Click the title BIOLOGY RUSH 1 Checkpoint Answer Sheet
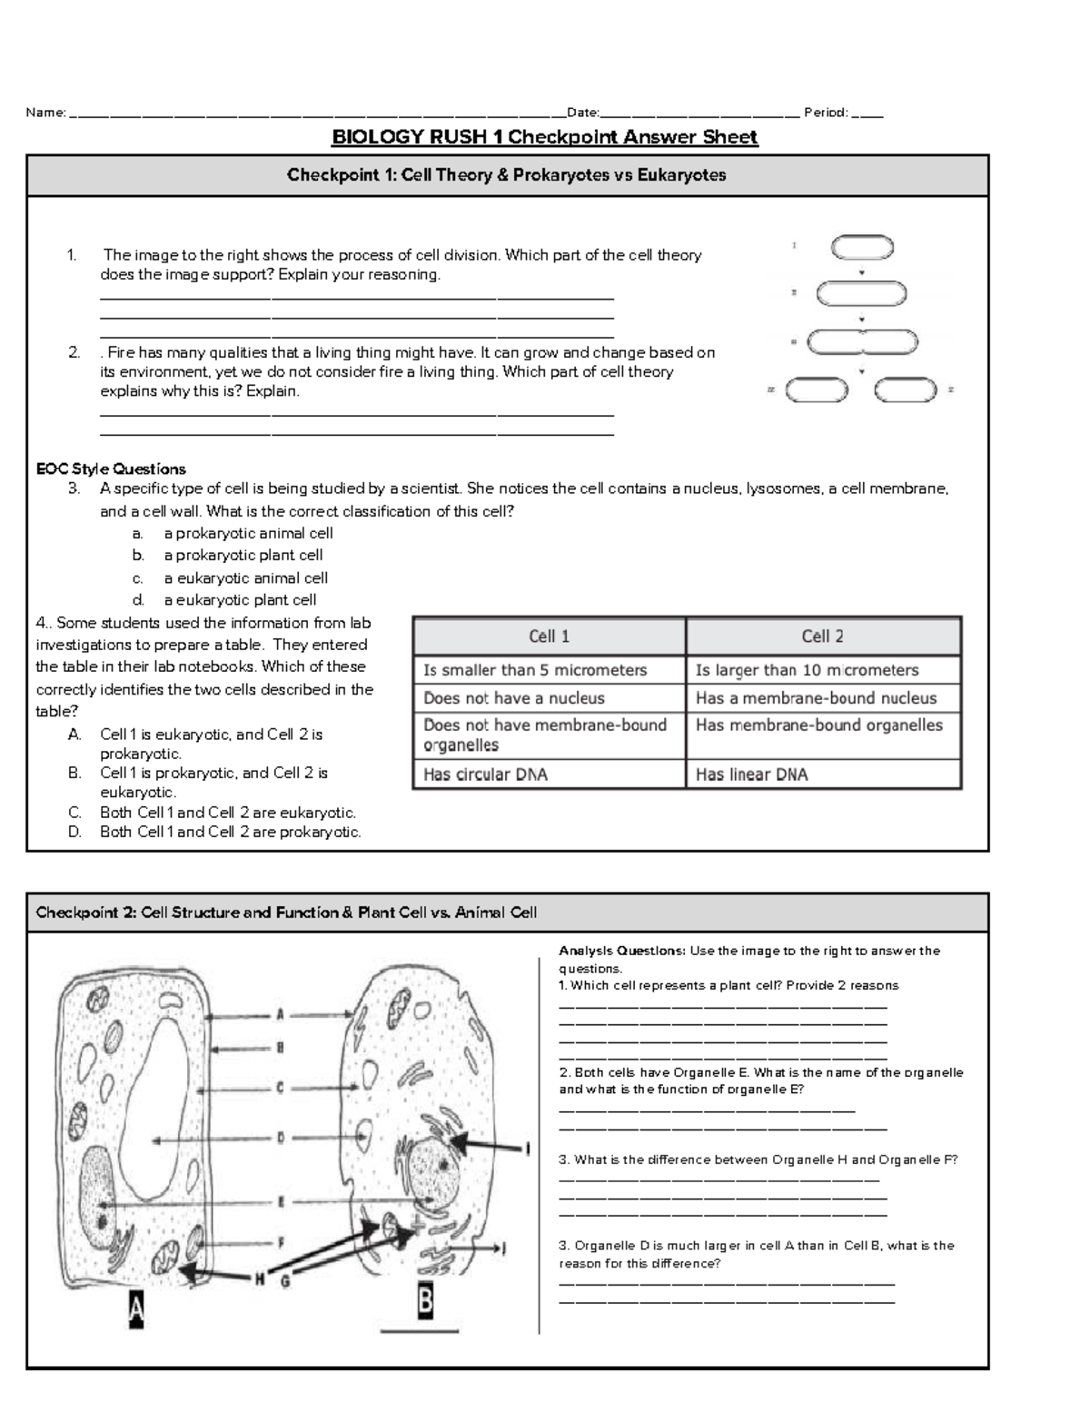pyautogui.click(x=544, y=137)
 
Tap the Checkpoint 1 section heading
pyautogui.click(x=507, y=175)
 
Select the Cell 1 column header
pyautogui.click(x=549, y=636)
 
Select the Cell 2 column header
pyautogui.click(x=822, y=636)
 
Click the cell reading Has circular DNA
pyautogui.click(x=485, y=774)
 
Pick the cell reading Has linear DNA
pyautogui.click(x=751, y=774)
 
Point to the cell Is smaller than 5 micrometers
pyautogui.click(x=535, y=670)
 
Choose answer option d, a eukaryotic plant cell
pyautogui.click(x=240, y=599)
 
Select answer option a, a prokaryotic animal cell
pyautogui.click(x=248, y=533)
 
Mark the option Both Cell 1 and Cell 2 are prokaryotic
pyautogui.click(x=230, y=832)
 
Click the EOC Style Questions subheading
pyautogui.click(x=111, y=468)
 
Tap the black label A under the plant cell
pyautogui.click(x=135, y=1311)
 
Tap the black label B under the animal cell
pyautogui.click(x=424, y=1304)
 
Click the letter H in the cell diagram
pyautogui.click(x=260, y=1279)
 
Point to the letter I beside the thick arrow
pyautogui.click(x=528, y=1150)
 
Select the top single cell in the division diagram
pyautogui.click(x=862, y=247)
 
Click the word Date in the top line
pyautogui.click(x=581, y=113)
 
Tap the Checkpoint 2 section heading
pyautogui.click(x=286, y=912)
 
